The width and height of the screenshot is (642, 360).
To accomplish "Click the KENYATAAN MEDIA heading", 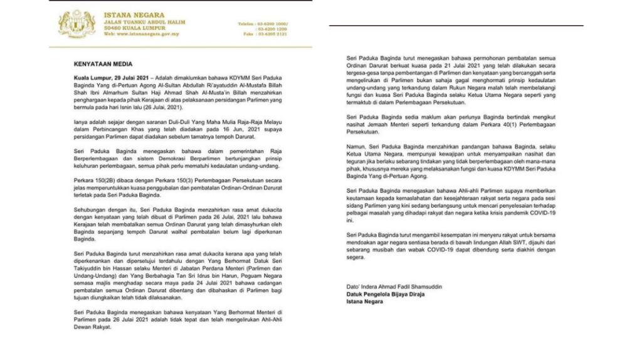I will pyautogui.click(x=95, y=64).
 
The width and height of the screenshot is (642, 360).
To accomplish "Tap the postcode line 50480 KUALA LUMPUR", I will pyautogui.click(x=134, y=28).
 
